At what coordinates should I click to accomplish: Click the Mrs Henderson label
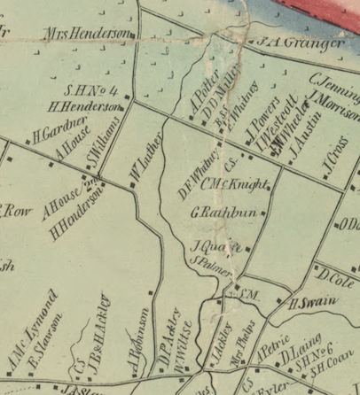88,35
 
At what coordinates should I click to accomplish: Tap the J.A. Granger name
301,42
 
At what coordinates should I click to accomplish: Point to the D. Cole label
338,280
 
